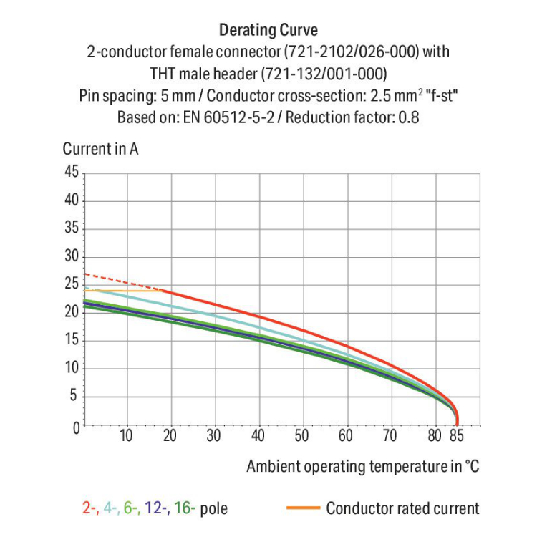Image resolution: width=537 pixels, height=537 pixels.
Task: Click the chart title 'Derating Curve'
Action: [x=268, y=30]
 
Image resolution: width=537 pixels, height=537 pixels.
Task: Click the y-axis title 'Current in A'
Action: [x=101, y=150]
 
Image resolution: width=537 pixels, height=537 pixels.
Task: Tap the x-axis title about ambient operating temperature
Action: [x=362, y=467]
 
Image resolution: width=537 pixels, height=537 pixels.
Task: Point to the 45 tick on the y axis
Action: [x=71, y=172]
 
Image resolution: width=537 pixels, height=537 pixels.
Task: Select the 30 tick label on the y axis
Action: [x=71, y=256]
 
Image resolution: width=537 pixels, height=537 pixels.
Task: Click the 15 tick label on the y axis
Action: [x=71, y=341]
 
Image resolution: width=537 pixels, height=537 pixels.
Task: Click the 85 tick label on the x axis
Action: [x=457, y=435]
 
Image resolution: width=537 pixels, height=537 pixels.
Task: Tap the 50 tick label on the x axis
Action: [x=302, y=435]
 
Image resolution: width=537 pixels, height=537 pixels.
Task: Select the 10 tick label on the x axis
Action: [x=126, y=435]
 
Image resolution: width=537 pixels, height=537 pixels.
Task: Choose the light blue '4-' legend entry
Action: [x=110, y=509]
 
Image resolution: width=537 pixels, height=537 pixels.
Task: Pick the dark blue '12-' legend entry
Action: [x=155, y=509]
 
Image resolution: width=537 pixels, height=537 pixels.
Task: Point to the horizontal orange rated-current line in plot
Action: [x=122, y=291]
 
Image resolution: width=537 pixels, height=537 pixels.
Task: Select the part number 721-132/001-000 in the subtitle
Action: [x=324, y=74]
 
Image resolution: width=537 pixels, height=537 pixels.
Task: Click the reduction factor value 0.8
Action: [x=410, y=117]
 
